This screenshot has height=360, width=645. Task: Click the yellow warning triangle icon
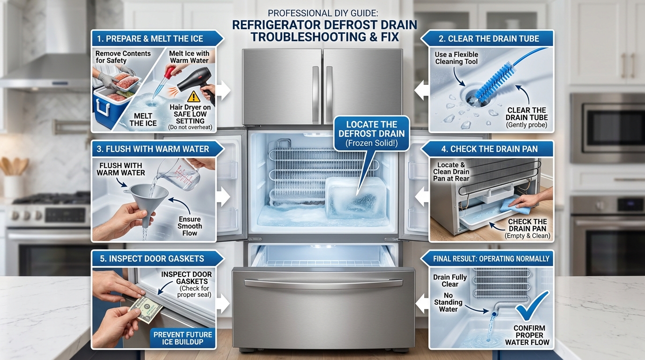194,97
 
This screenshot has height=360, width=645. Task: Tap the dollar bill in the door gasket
146,309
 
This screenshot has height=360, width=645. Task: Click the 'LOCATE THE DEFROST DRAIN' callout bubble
371,134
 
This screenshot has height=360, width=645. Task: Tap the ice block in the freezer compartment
356,198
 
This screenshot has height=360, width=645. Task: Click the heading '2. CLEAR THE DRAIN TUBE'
488,39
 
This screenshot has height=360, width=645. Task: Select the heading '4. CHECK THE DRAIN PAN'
489,149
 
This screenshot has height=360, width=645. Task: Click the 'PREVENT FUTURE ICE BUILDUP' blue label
182,338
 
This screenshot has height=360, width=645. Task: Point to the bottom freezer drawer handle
323,283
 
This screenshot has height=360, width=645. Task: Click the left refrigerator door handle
315,95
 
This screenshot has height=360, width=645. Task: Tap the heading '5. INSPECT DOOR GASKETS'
152,259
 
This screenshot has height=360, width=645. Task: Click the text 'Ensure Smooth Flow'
189,226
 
